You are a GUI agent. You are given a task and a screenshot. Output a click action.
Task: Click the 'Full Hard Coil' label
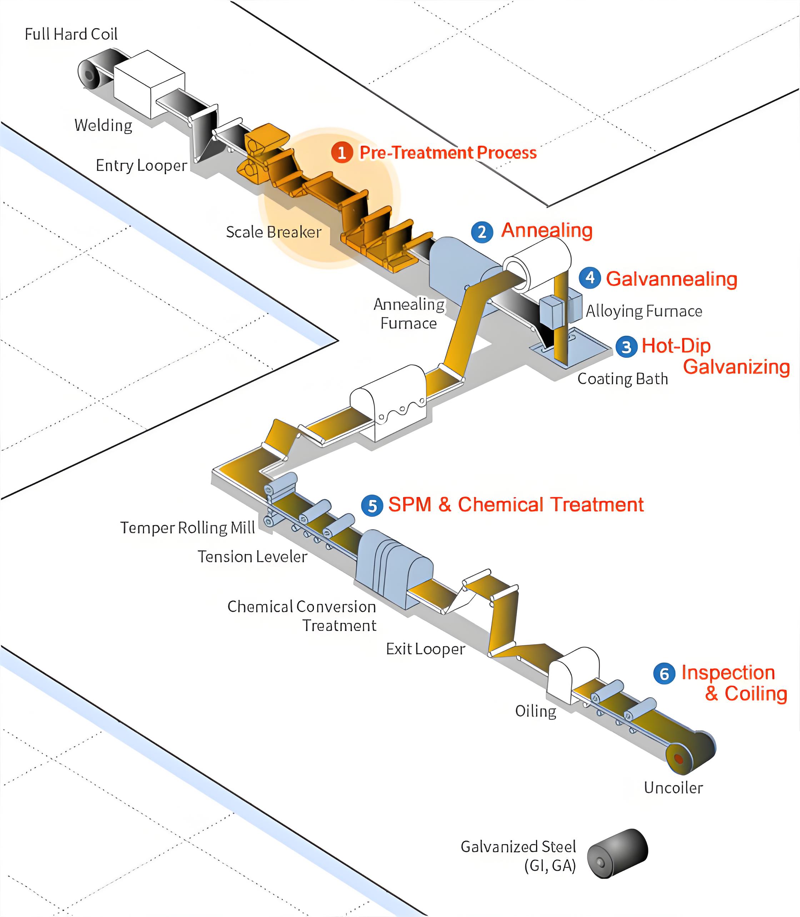[x=71, y=34]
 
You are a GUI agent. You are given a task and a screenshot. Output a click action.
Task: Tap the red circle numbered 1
[x=342, y=153]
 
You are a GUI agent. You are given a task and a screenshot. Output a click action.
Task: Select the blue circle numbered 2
[x=482, y=232]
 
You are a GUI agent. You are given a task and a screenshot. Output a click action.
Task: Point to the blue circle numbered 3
[x=626, y=347]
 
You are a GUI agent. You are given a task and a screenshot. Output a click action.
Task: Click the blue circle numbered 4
[x=590, y=278]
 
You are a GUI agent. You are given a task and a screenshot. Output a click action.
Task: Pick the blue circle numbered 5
[x=372, y=506]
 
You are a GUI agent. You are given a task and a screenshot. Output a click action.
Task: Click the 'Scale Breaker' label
[x=273, y=232]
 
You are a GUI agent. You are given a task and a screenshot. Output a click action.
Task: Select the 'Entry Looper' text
[x=141, y=166]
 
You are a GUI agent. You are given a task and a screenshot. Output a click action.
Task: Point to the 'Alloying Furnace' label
[x=644, y=311]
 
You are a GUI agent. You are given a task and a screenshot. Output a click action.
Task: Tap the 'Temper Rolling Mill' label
[x=187, y=528]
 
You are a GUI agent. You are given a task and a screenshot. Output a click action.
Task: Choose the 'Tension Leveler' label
[x=252, y=557]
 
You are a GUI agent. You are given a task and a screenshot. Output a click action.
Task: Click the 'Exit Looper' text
[x=425, y=649]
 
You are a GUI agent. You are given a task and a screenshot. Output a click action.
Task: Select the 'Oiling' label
[x=535, y=711]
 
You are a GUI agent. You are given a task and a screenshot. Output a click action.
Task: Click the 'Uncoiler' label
[x=673, y=787]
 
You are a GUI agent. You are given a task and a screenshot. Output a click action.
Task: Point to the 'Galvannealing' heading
[x=671, y=279]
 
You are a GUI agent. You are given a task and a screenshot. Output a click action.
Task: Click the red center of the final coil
[x=679, y=759]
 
